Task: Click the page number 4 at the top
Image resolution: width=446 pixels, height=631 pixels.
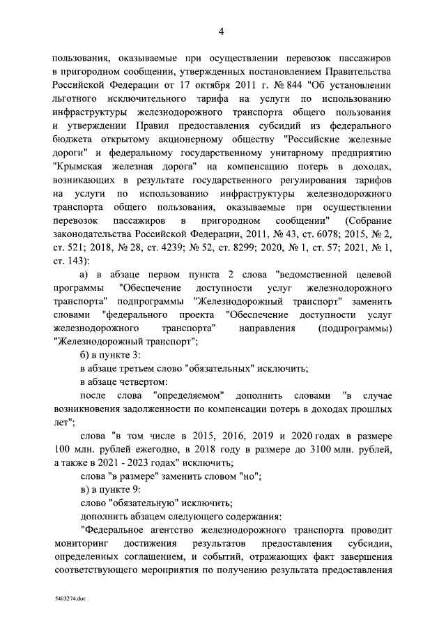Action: [x=222, y=31]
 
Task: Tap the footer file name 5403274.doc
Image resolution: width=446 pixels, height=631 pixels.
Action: [x=69, y=599]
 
